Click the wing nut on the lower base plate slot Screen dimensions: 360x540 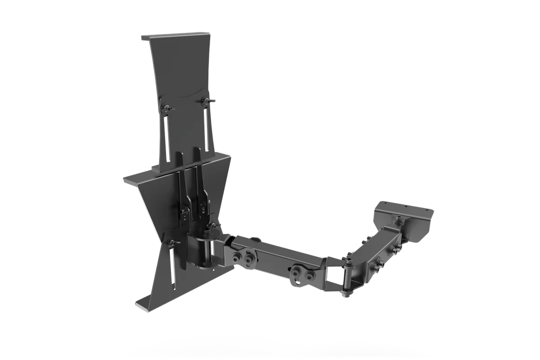click(171, 243)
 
